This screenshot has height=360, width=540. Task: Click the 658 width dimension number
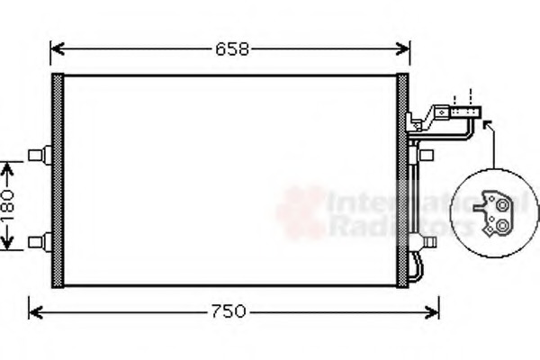229,48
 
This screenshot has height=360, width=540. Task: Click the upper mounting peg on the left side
39,156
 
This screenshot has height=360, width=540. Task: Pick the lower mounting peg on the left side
39,240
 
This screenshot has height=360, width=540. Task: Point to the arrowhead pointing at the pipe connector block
487,124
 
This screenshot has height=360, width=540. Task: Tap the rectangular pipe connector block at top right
467,112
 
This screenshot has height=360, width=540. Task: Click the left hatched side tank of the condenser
58,180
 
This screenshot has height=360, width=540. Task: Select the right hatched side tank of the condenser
402,180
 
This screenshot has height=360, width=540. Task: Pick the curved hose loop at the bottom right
415,266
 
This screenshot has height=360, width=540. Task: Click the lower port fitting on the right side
422,241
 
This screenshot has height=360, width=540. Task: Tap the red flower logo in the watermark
301,212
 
